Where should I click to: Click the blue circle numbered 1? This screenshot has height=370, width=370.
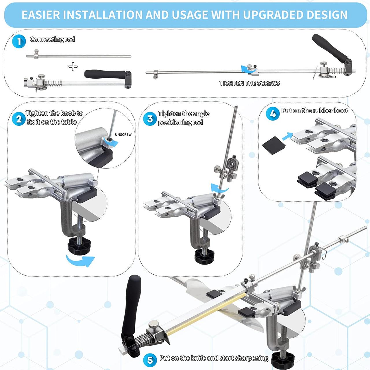pyautogui.click(x=19, y=41)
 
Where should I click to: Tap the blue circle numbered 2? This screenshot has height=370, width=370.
pyautogui.click(x=19, y=119)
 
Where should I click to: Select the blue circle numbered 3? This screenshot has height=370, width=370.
pyautogui.click(x=150, y=119)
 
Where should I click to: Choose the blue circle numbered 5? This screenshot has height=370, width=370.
pyautogui.click(x=150, y=360)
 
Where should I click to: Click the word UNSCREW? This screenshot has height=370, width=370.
pyautogui.click(x=123, y=135)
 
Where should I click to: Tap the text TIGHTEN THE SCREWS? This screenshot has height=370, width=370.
pyautogui.click(x=250, y=83)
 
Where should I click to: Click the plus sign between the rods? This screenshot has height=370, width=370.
pyautogui.click(x=73, y=66)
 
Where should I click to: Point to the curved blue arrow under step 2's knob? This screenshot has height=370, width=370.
pyautogui.click(x=80, y=261)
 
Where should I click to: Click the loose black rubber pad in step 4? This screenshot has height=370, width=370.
pyautogui.click(x=274, y=145)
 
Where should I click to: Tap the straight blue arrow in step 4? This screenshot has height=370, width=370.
pyautogui.click(x=287, y=136)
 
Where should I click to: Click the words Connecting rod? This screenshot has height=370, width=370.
pyautogui.click(x=52, y=39)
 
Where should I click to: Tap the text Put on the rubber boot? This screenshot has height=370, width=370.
pyautogui.click(x=315, y=111)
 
